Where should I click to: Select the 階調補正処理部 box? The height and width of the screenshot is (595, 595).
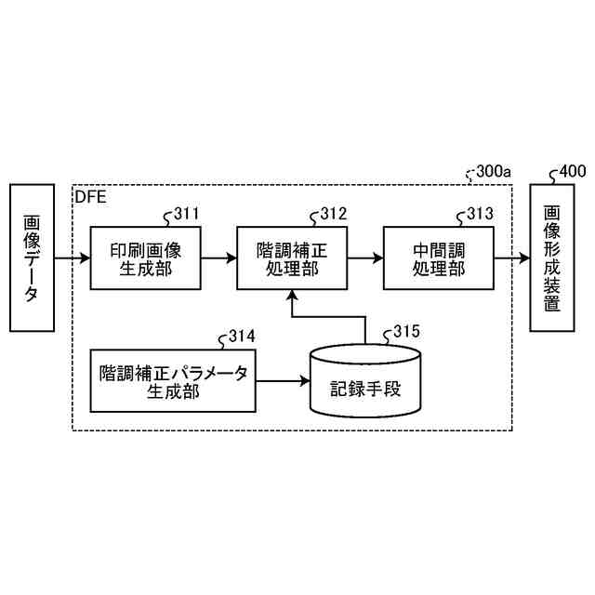292,258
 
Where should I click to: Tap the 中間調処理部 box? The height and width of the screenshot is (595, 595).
437,258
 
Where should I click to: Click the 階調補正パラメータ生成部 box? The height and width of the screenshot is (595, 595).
173,380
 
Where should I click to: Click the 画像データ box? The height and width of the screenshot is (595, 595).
32,258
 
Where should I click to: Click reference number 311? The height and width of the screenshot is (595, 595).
186,215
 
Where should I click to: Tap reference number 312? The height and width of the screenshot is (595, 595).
333,215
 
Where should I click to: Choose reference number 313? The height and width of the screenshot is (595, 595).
480,215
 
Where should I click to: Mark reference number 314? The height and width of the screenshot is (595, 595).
242,336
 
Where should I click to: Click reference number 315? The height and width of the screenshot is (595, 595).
406,331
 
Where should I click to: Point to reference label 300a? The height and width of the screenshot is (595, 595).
493,172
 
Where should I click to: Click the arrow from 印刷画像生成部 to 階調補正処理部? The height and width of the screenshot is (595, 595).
219,258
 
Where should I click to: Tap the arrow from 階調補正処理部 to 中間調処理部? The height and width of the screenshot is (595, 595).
364,258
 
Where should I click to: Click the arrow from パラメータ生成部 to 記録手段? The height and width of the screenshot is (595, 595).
282,380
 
